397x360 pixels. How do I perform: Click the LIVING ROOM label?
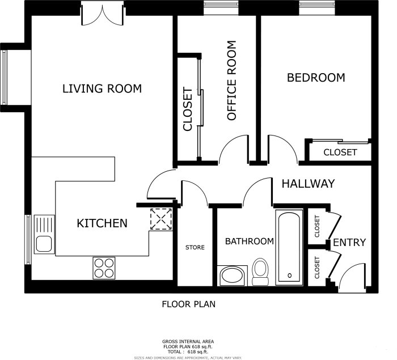point(102,88)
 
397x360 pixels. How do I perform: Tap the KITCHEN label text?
point(102,223)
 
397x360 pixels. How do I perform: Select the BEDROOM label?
point(316,78)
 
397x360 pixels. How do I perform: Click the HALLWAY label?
point(308,184)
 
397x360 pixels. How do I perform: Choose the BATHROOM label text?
point(249,242)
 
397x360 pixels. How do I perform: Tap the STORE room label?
point(195,248)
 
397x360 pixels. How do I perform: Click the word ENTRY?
point(349,243)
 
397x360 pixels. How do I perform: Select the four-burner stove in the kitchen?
point(104,268)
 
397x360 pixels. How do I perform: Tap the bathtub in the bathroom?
point(290,247)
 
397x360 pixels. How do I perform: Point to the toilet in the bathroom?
point(260,272)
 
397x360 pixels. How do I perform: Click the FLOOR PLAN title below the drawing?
point(188,304)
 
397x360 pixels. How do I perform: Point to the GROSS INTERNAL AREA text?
point(188,341)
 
